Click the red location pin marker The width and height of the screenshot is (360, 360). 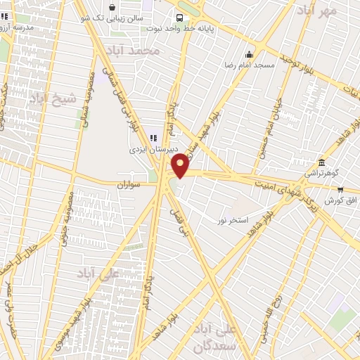(180, 165)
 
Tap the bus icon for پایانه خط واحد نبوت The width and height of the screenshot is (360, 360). (180, 18)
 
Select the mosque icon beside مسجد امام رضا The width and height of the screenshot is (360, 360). (248, 55)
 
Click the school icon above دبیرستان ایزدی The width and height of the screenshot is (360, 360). (153, 138)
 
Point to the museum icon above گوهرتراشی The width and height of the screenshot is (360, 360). (322, 162)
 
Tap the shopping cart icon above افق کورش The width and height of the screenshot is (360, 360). (340, 189)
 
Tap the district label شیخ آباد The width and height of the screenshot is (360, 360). (52, 99)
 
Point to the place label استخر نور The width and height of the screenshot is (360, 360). (233, 220)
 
